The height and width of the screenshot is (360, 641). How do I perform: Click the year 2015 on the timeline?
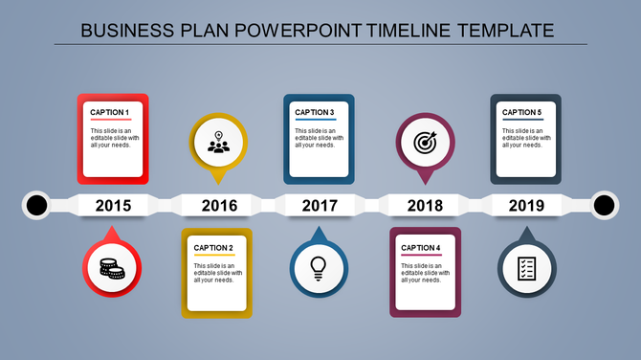click(114, 205)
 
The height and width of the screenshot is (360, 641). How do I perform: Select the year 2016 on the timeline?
click(219, 205)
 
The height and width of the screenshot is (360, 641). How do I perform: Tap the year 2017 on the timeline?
click(320, 205)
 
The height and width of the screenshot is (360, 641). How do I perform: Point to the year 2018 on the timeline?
click(424, 205)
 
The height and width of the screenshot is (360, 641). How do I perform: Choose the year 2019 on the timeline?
click(526, 205)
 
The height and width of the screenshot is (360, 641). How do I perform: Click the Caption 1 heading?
click(109, 112)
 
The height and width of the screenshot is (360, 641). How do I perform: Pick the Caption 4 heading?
click(421, 248)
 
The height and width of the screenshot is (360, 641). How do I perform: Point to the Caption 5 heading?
click(521, 112)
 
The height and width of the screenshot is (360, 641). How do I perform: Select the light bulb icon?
click(318, 268)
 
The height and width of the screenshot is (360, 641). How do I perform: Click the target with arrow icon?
click(425, 143)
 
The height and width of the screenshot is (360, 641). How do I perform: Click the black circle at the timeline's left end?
click(36, 205)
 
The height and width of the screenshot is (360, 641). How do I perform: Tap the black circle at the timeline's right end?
click(604, 205)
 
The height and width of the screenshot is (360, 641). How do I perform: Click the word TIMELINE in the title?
click(410, 30)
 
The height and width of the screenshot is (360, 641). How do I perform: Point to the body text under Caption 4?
click(421, 272)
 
